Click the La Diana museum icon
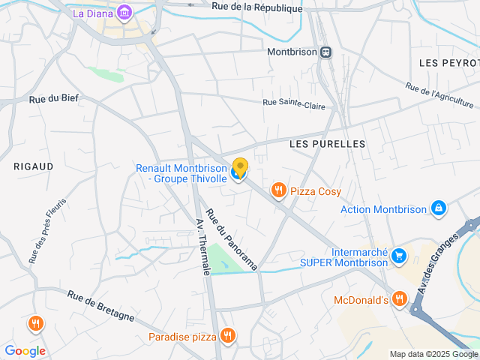(x=124, y=13)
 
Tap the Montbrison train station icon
(x=325, y=52)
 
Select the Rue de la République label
(x=257, y=7)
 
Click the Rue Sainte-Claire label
(x=294, y=104)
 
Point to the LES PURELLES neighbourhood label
(x=327, y=143)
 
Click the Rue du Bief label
(x=53, y=98)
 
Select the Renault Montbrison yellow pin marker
(x=240, y=167)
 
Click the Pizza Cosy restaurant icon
(x=279, y=190)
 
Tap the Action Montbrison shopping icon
(x=439, y=208)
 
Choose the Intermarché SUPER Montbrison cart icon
(x=399, y=256)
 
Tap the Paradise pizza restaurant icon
(x=227, y=336)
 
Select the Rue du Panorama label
(x=232, y=239)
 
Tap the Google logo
(x=25, y=351)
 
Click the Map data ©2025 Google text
(x=433, y=354)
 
